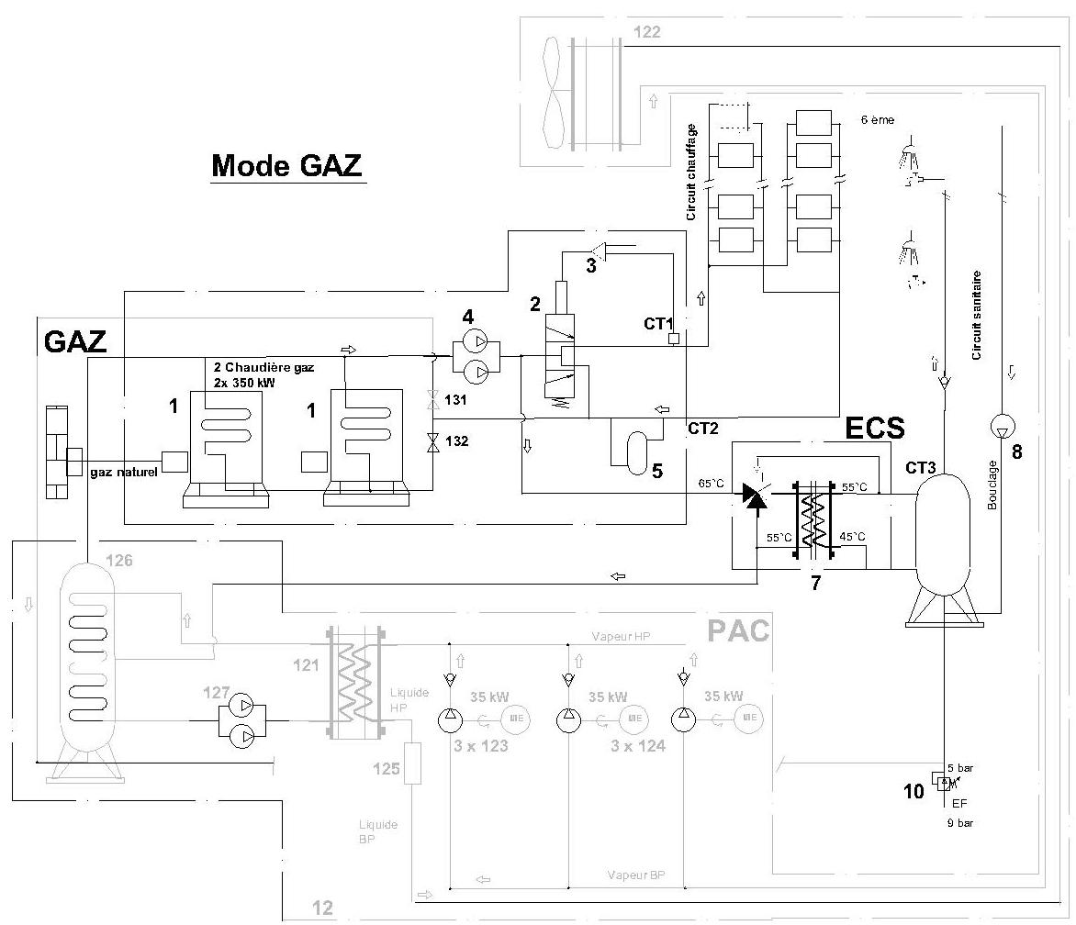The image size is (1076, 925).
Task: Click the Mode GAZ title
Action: point(287,166)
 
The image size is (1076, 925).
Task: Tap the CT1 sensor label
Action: point(659,323)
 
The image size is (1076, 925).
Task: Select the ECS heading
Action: point(874,429)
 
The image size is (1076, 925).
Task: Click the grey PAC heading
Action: point(737,630)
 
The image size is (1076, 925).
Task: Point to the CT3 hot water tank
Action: point(943,532)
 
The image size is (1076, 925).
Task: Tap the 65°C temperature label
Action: point(712,482)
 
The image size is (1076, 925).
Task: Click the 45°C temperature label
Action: point(853,537)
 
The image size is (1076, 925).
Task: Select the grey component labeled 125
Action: point(411,763)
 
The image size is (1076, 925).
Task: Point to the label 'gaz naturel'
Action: point(124,472)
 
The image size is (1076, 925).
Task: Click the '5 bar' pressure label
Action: point(960,767)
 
